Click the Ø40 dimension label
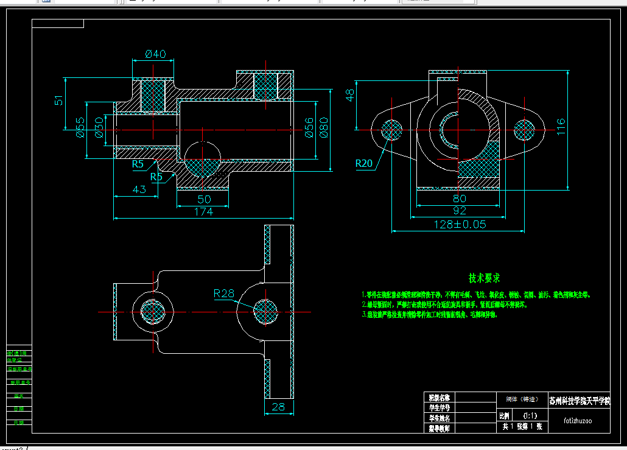[155, 54]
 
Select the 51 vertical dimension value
[59, 100]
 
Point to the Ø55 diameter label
[80, 128]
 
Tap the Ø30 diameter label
[98, 128]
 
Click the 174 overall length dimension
[203, 212]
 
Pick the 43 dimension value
[139, 189]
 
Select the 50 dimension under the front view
[204, 199]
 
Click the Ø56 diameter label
[309, 127]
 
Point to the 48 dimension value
[350, 96]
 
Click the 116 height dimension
[561, 126]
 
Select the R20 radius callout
[365, 163]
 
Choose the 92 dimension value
[460, 211]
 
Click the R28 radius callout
[224, 294]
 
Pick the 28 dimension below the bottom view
[279, 407]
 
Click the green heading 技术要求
[485, 278]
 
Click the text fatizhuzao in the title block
[578, 420]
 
